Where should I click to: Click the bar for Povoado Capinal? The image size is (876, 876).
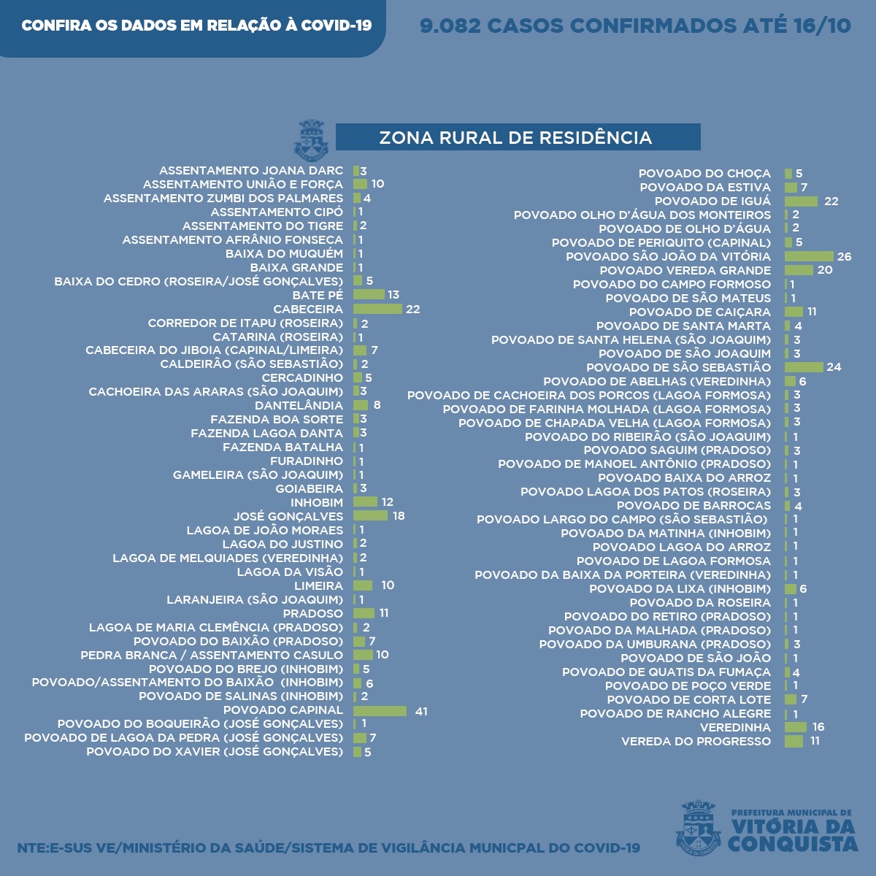coord(380,711)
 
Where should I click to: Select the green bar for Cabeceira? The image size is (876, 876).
coord(377,309)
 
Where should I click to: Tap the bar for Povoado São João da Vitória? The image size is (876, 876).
coord(809,256)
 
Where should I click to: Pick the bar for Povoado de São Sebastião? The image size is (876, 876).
coord(804,367)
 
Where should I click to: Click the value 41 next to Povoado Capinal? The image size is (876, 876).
coord(421,711)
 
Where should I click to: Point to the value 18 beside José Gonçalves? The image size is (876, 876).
coord(399,516)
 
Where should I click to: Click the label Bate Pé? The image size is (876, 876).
coord(318,295)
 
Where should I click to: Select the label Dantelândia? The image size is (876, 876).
coord(299,405)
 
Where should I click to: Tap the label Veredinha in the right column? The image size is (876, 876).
coord(735,727)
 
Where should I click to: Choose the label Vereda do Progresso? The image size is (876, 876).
coord(696,741)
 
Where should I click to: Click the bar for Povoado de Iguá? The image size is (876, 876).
coord(801,201)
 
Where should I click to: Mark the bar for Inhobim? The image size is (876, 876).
coord(365,502)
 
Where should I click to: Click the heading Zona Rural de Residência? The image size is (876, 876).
coord(515,137)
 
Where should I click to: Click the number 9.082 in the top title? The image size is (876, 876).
coord(450,26)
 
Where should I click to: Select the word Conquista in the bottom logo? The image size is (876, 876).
coord(793,844)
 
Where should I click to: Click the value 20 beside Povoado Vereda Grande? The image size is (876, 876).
coord(825,270)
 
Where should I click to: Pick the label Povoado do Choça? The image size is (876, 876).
coord(704,173)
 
